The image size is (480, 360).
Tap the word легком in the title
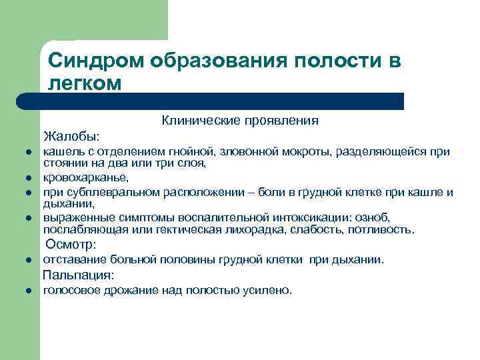[x=85, y=83]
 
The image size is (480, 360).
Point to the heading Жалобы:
[x=72, y=137]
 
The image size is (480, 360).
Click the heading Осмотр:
[x=71, y=245]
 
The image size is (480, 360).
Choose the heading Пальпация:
[x=79, y=275]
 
